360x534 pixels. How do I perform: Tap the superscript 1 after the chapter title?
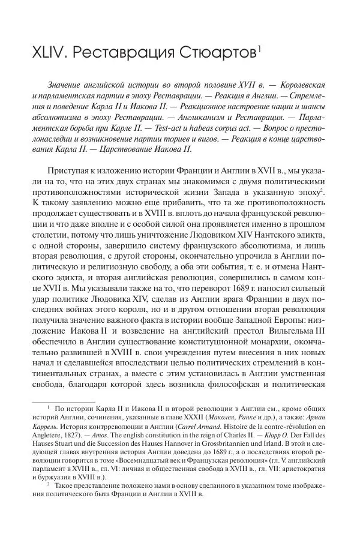pos(258,48)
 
